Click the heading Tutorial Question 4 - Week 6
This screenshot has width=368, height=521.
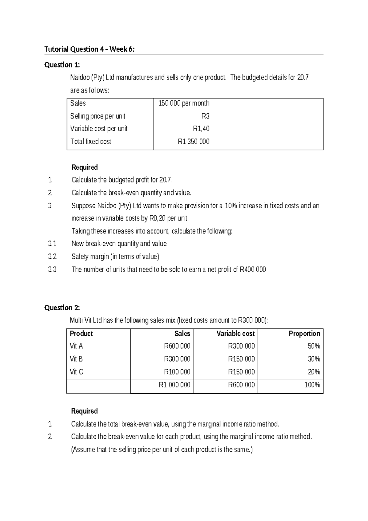click(89, 49)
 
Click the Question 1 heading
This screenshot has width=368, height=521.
click(62, 65)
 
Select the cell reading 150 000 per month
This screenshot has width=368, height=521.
click(184, 103)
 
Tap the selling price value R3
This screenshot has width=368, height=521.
click(205, 116)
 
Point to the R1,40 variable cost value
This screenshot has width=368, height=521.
click(201, 129)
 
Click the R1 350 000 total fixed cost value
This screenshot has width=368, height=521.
click(194, 142)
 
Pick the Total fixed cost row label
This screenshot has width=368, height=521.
click(90, 142)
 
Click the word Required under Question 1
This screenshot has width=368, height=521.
click(84, 167)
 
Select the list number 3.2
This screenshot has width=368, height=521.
click(52, 257)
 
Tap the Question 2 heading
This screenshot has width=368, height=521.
click(62, 308)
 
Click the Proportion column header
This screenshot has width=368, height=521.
click(304, 334)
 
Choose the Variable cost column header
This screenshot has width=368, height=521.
click(236, 334)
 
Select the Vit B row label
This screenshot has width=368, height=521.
click(76, 359)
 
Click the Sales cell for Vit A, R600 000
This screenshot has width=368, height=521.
click(177, 346)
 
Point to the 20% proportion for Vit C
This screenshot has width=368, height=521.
click(314, 372)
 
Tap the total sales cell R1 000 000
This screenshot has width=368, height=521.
click(174, 385)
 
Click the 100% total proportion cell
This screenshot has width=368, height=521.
click(312, 385)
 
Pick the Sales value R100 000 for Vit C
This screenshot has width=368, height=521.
click(177, 372)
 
